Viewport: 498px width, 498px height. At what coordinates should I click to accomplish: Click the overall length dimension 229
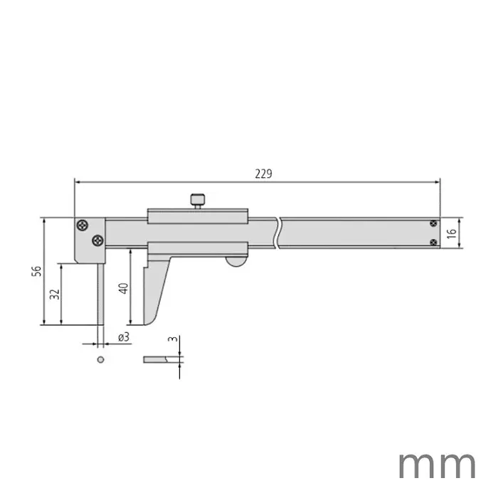[x=263, y=174]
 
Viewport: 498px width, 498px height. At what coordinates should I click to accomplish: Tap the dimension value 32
[x=53, y=294]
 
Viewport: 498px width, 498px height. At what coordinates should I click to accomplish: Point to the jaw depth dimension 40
[x=122, y=288]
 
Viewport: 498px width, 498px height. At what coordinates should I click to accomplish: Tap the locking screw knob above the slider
[x=197, y=201]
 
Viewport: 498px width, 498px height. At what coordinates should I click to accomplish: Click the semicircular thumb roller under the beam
[x=236, y=263]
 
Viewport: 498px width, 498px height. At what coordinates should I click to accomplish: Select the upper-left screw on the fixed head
[x=83, y=226]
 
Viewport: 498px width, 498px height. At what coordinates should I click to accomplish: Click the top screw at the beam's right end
[x=433, y=224]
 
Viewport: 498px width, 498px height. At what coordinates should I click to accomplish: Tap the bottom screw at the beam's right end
[x=433, y=242]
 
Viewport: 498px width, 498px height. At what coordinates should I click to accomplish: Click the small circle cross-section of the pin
[x=101, y=359]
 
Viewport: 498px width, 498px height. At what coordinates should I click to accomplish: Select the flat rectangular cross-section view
[x=157, y=359]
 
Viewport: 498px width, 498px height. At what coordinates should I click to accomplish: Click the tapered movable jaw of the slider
[x=154, y=292]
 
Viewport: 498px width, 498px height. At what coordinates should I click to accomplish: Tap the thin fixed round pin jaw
[x=100, y=292]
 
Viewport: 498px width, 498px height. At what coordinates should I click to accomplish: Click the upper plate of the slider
[x=197, y=216]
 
